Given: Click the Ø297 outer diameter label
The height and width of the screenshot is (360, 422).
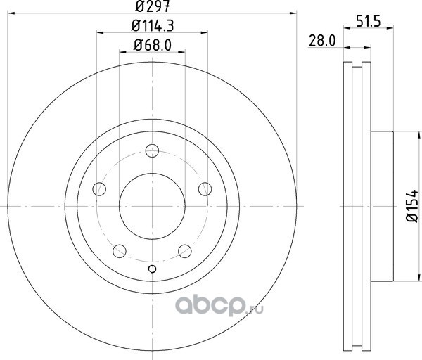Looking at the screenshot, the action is tap(153, 6).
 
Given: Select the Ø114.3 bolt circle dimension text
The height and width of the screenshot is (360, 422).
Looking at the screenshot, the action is tap(153, 26).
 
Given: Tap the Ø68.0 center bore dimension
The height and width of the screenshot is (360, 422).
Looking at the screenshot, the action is tap(153, 45).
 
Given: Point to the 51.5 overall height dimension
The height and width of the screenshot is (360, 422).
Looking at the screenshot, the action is tap(369, 21).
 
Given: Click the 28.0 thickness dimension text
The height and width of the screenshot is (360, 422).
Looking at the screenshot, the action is tap(322, 41).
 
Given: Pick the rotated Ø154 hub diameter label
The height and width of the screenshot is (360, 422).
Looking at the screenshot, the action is tap(412, 206).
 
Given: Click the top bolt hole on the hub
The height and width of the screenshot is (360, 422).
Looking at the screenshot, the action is tap(152, 150).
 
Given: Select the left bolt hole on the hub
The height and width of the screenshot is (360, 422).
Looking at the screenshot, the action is tap(99, 189).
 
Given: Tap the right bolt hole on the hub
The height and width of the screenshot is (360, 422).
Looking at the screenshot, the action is tap(205, 189).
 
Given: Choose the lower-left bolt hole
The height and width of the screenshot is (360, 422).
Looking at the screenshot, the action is tap(120, 251).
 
